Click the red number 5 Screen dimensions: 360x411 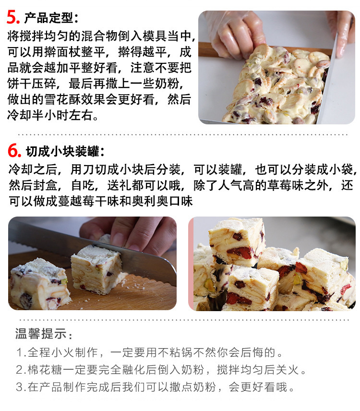[x=12, y=17]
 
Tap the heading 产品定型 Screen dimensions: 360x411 [x=49, y=18]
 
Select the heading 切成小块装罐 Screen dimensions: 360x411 [x=63, y=151]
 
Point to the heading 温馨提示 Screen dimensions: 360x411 [x=41, y=334]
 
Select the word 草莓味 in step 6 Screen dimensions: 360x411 [x=286, y=185]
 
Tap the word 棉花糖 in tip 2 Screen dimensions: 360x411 [x=45, y=370]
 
